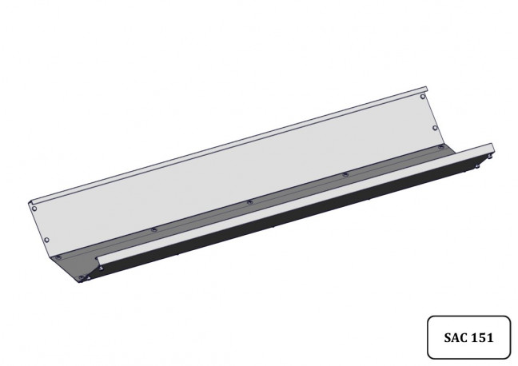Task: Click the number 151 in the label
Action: pos(482,337)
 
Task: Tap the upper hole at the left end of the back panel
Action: pos(34,209)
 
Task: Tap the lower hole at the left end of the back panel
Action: pos(46,240)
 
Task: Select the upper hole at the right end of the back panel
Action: pos(423,97)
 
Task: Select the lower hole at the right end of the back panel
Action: pos(435,128)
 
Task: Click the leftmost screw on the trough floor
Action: pos(58,257)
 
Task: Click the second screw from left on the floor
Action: pos(153,229)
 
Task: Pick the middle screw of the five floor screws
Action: pos(250,201)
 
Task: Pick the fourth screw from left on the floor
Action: pos(345,174)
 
